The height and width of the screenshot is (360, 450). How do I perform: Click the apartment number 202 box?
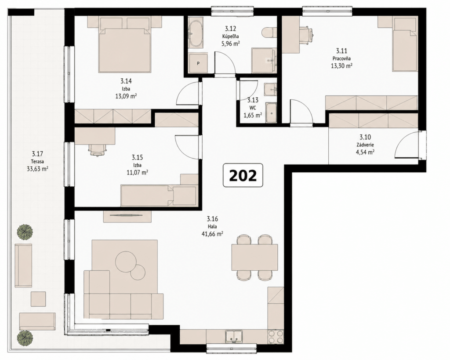243,175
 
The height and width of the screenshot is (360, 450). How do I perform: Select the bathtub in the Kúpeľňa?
196,34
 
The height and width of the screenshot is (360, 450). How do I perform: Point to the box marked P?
198,62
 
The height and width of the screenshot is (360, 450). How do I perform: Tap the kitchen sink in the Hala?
234,337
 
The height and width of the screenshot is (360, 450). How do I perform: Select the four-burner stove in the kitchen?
276,336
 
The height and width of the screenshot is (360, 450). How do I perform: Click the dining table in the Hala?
255,257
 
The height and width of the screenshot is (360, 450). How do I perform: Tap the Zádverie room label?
365,145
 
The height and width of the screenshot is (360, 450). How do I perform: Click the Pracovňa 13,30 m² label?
341,58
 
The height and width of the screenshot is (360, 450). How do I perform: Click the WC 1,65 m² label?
253,108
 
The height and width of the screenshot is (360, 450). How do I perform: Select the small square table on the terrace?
38,299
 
